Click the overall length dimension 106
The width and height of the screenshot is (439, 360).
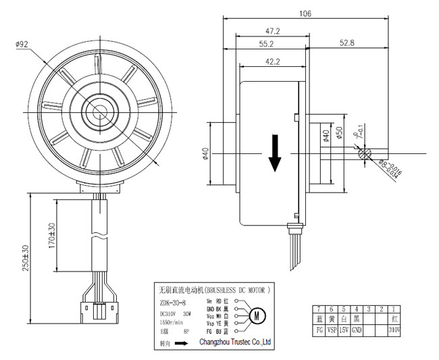(309, 13)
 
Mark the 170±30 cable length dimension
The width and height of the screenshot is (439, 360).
(52, 235)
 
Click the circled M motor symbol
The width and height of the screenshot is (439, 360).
(257, 315)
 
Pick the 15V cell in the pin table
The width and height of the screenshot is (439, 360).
(344, 330)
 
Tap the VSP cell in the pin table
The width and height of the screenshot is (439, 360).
(332, 330)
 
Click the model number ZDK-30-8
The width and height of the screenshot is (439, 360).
(172, 303)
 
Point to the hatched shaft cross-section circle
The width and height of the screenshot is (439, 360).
(365, 153)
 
